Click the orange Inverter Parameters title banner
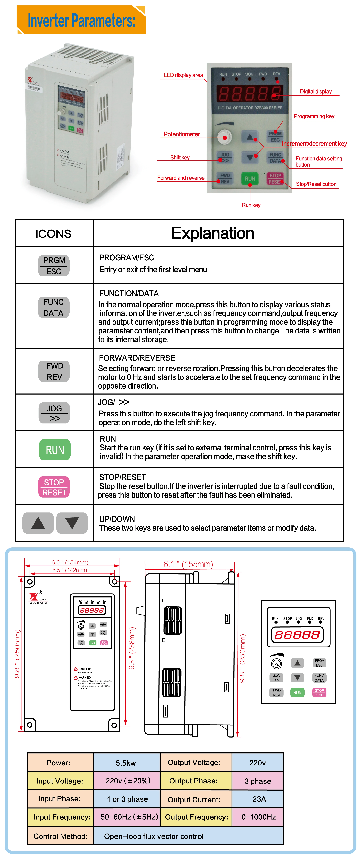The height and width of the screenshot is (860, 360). click(x=81, y=20)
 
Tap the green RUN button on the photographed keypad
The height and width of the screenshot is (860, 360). click(x=250, y=179)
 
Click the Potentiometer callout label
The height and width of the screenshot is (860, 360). click(x=182, y=134)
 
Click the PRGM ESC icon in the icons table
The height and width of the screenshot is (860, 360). click(x=54, y=265)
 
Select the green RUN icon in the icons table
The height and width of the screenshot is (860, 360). click(x=55, y=450)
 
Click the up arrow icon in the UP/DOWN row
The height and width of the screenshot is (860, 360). click(x=38, y=523)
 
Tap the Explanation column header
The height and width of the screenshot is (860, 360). click(x=213, y=233)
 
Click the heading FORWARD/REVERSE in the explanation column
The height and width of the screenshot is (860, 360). click(x=137, y=358)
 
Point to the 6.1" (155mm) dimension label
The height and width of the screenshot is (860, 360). click(x=188, y=564)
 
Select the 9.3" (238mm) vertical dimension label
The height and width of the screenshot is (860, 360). click(x=132, y=648)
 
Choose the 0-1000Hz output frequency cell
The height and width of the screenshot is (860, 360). click(x=258, y=817)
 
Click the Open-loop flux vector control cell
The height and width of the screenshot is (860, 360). click(x=154, y=836)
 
